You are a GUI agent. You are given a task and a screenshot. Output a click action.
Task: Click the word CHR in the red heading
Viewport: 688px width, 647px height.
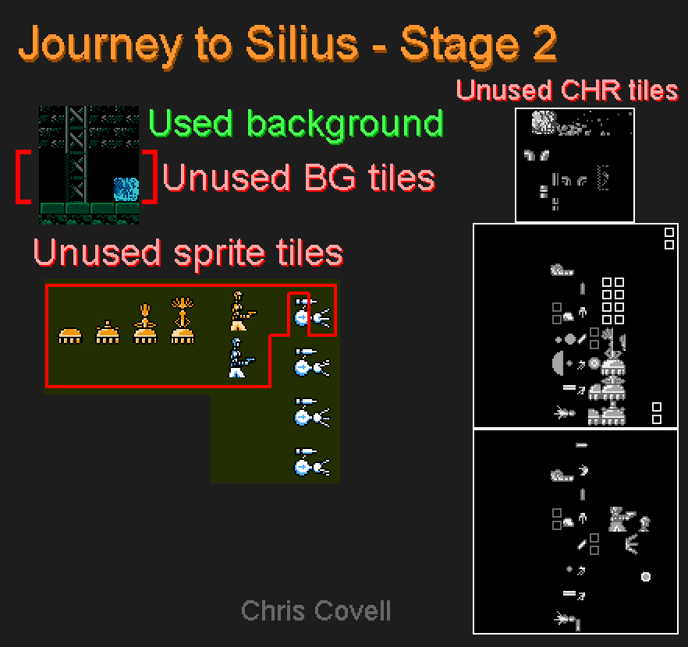pyautogui.click(x=591, y=90)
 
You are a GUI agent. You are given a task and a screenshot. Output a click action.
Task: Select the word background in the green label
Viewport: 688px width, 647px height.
pyautogui.click(x=346, y=125)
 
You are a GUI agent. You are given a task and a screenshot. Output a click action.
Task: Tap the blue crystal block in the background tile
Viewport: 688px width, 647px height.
pyautogui.click(x=126, y=189)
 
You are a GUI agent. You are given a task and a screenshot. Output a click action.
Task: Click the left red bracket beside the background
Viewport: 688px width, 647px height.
pyautogui.click(x=23, y=177)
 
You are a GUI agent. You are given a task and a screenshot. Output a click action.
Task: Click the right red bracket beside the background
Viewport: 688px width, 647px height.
pyautogui.click(x=150, y=177)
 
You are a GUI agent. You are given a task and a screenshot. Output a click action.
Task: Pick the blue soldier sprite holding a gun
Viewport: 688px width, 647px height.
pyautogui.click(x=240, y=358)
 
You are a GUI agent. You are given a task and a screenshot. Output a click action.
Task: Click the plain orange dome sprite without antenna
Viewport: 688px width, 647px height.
pyautogui.click(x=70, y=336)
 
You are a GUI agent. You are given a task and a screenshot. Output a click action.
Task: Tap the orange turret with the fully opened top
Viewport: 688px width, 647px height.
pyautogui.click(x=183, y=320)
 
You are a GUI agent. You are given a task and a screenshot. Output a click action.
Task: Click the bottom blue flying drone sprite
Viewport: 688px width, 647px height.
pyautogui.click(x=312, y=462)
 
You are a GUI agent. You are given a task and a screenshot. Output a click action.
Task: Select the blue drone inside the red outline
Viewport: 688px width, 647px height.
pyautogui.click(x=312, y=313)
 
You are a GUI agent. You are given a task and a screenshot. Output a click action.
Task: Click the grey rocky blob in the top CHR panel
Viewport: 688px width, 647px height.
pyautogui.click(x=544, y=122)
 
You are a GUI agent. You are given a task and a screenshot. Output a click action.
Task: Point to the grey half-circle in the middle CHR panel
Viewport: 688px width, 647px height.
pyautogui.click(x=559, y=363)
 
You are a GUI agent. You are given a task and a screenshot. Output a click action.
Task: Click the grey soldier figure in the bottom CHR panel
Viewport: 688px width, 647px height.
pyautogui.click(x=620, y=519)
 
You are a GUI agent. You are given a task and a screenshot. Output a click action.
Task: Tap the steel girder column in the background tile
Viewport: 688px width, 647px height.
pyautogui.click(x=76, y=154)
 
